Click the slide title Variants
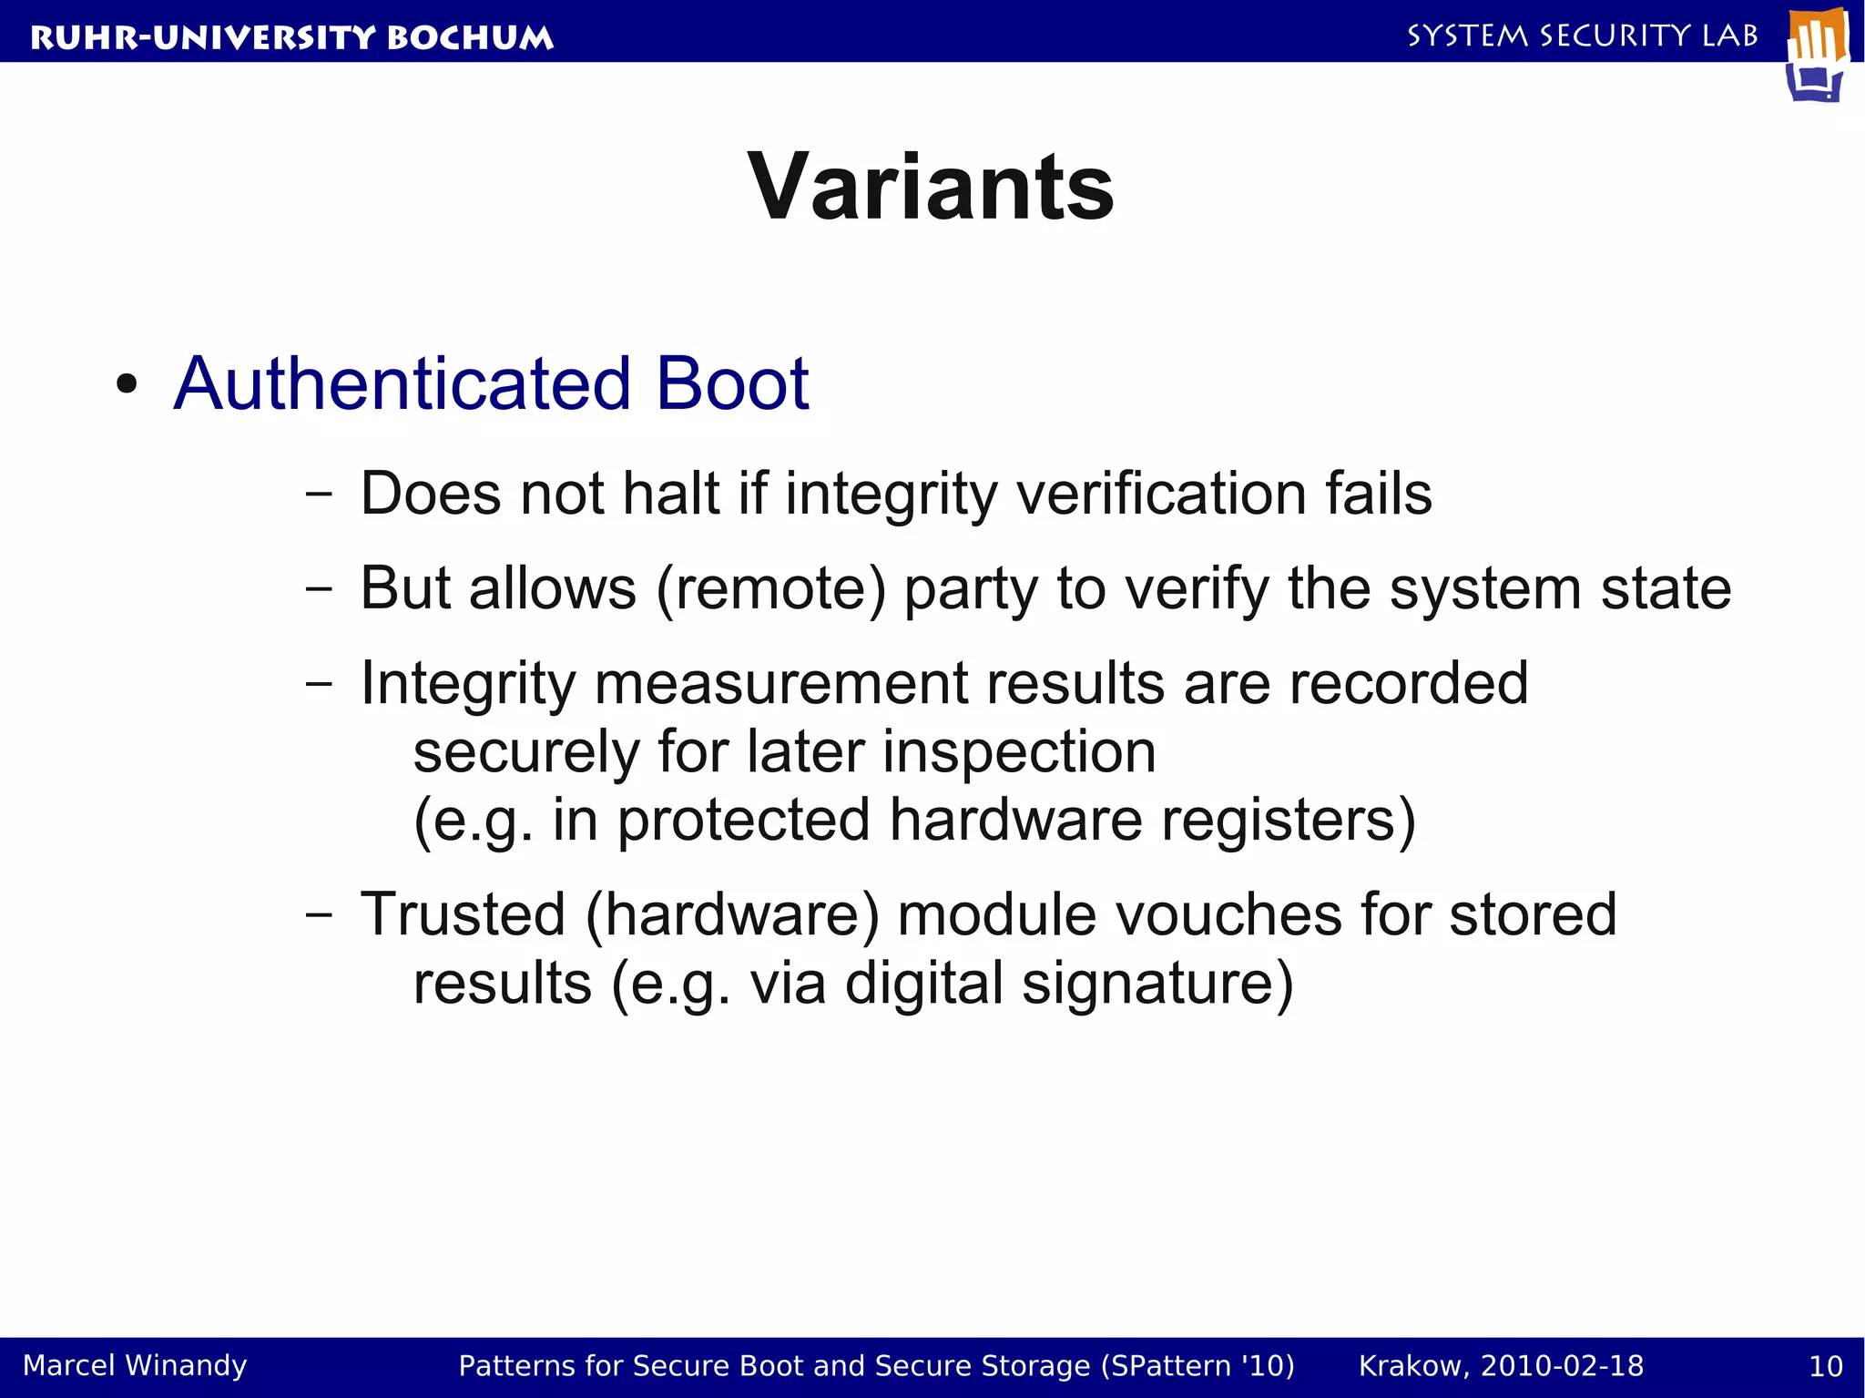click(931, 188)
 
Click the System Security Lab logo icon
click(1817, 55)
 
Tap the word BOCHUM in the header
click(470, 37)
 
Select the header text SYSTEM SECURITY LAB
click(1583, 36)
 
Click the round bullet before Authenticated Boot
click(127, 384)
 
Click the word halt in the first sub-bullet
click(671, 494)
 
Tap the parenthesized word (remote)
click(770, 588)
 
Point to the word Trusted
click(463, 914)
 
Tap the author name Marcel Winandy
click(135, 1365)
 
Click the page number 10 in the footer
click(1825, 1366)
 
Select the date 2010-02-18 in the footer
click(1562, 1365)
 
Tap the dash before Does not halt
click(319, 495)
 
